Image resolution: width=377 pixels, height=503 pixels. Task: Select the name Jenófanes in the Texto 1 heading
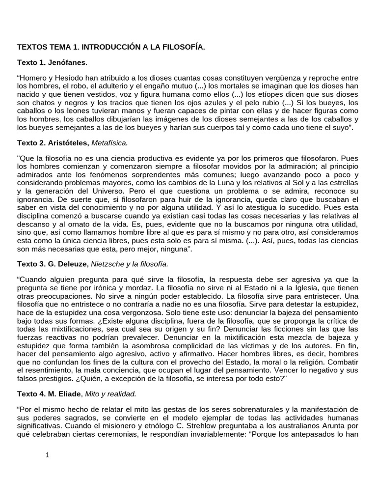67,62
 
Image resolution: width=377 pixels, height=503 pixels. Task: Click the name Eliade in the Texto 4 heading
72,393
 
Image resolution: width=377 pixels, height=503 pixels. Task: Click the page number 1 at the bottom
48,455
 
